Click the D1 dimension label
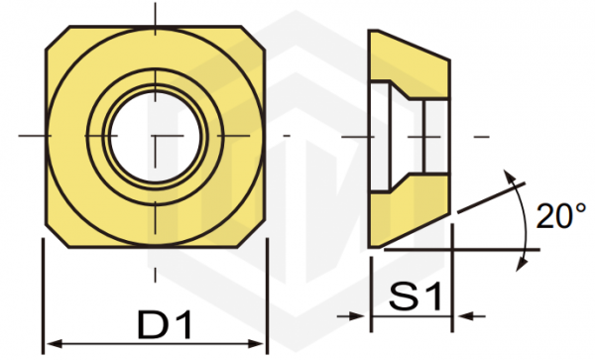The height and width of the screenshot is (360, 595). coord(165,324)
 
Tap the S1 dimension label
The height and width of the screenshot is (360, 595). coord(416,297)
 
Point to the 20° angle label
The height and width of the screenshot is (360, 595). coord(561,216)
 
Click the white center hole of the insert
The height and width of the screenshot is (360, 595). coord(155,136)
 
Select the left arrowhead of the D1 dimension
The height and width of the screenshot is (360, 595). coord(54,344)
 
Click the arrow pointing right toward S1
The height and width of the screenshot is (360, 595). coord(351,315)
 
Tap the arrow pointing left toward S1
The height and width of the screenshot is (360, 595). coord(471,315)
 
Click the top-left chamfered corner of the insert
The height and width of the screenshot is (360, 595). coord(58,38)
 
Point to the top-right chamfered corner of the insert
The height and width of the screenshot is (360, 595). coord(253,38)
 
